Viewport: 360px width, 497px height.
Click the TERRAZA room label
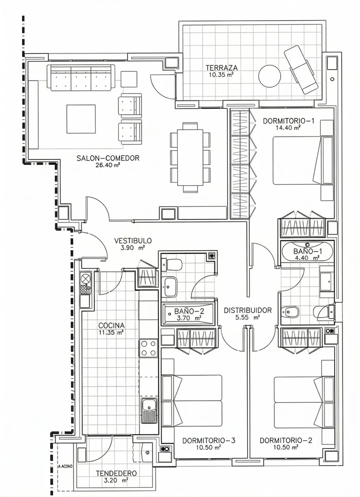coord(221,68)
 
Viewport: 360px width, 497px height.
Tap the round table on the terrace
coord(270,76)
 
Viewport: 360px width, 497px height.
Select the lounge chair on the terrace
coord(301,70)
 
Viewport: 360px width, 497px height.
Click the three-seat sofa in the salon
coord(81,77)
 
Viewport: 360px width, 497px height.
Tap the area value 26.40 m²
coord(108,164)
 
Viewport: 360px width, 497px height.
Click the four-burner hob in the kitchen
coord(148,348)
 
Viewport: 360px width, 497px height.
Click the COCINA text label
coord(111,326)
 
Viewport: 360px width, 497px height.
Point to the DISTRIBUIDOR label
coord(248,310)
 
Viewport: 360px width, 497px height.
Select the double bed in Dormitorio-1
coord(302,160)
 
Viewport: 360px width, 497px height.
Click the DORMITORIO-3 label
coord(209,441)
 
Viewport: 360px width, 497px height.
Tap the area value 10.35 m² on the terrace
coord(221,75)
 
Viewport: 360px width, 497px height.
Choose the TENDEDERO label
coord(116,474)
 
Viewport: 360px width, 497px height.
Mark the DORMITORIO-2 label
coord(286,441)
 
